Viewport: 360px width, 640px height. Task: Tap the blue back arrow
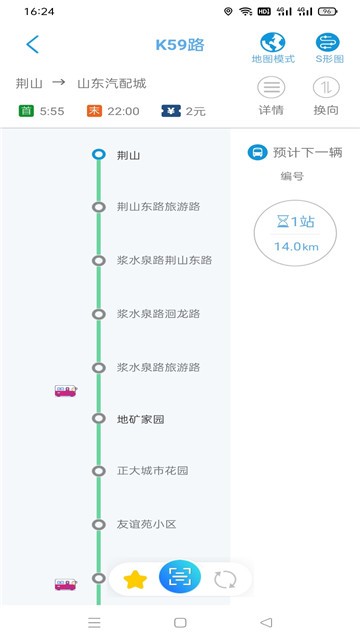click(x=33, y=44)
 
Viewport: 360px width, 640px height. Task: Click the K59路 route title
click(x=180, y=45)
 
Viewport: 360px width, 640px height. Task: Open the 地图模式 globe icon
click(x=273, y=42)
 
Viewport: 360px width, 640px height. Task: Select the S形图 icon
click(x=328, y=42)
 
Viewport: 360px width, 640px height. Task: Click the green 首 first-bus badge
click(x=25, y=111)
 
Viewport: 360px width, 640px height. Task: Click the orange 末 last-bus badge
click(x=95, y=111)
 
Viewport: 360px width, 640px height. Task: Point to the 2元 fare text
click(x=196, y=111)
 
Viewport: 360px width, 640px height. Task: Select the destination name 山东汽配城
click(x=112, y=83)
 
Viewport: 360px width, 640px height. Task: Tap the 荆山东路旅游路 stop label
click(x=159, y=207)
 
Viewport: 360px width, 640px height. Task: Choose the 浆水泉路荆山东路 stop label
click(x=165, y=260)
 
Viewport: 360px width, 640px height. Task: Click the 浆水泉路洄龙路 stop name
click(x=159, y=313)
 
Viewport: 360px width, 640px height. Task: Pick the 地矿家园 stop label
click(x=140, y=419)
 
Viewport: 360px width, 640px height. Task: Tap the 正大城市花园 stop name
click(x=153, y=471)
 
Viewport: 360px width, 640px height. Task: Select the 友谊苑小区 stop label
click(x=147, y=524)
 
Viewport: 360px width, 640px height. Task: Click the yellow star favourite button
click(x=134, y=579)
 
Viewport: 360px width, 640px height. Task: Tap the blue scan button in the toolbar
click(x=180, y=577)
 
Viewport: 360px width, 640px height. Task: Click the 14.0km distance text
click(x=296, y=246)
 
